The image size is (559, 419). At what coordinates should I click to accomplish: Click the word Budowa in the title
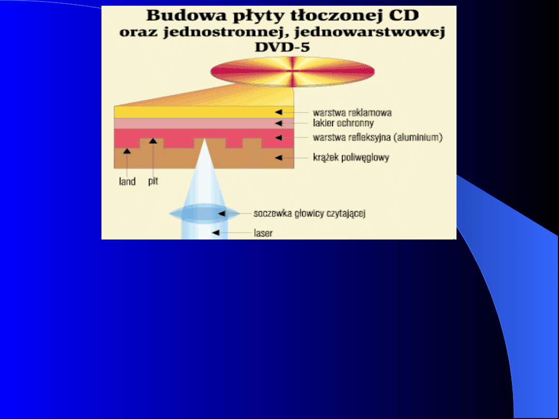pyautogui.click(x=186, y=16)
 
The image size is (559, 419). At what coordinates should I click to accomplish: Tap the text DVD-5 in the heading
pyautogui.click(x=283, y=47)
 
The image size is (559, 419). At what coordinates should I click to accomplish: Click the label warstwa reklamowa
pyautogui.click(x=352, y=113)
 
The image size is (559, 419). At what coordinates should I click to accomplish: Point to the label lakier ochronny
pyautogui.click(x=343, y=123)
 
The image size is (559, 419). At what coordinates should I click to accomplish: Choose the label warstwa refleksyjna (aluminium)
pyautogui.click(x=377, y=137)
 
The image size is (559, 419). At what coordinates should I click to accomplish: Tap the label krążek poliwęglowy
pyautogui.click(x=351, y=157)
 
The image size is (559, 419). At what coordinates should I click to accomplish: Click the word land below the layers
pyautogui.click(x=127, y=182)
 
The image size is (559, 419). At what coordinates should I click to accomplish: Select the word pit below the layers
pyautogui.click(x=153, y=181)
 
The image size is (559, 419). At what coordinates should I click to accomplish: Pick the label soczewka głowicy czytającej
pyautogui.click(x=310, y=214)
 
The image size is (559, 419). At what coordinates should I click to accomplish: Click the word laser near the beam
pyautogui.click(x=263, y=233)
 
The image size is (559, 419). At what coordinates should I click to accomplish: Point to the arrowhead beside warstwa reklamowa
pyautogui.click(x=279, y=112)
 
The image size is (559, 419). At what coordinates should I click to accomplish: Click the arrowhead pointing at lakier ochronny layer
pyautogui.click(x=279, y=123)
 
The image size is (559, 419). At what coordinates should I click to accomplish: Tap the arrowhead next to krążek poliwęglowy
pyautogui.click(x=279, y=157)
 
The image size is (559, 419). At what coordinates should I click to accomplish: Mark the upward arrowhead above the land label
pyautogui.click(x=127, y=151)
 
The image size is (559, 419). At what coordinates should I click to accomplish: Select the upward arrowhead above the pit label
pyautogui.click(x=153, y=141)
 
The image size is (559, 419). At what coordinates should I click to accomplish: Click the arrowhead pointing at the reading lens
pyautogui.click(x=222, y=214)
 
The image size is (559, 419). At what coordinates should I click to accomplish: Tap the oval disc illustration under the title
pyautogui.click(x=292, y=71)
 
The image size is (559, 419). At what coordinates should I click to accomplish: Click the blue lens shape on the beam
pyautogui.click(x=204, y=214)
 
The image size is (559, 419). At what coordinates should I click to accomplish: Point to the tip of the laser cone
pyautogui.click(x=204, y=139)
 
